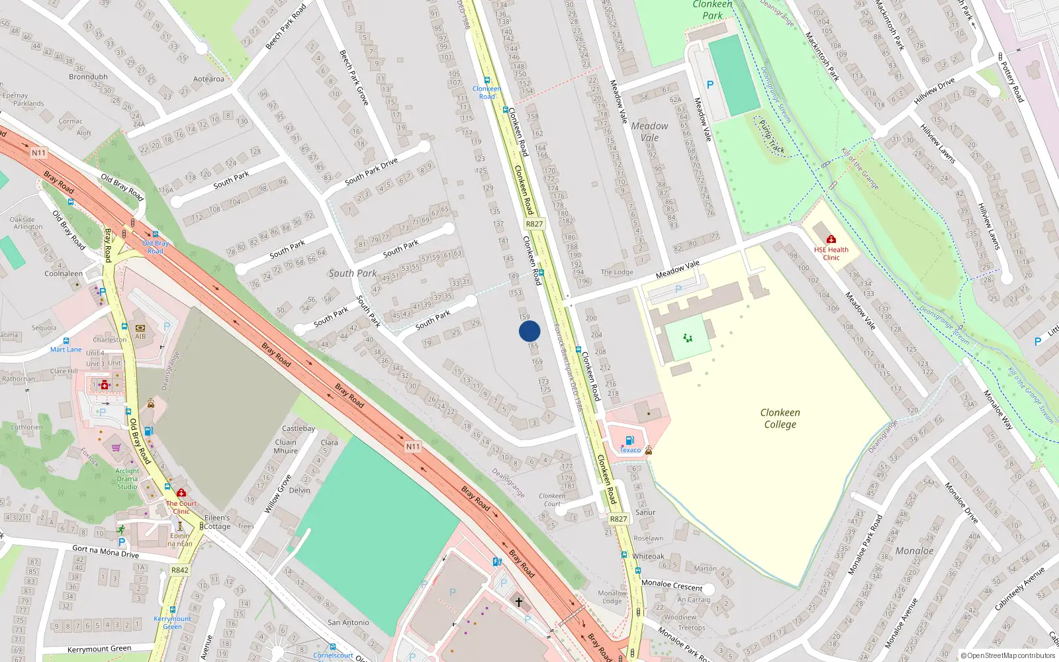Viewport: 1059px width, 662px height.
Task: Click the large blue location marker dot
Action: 529,331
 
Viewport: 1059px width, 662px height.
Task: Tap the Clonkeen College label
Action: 780,418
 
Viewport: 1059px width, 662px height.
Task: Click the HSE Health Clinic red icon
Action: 831,239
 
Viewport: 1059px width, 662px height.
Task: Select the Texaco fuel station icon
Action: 629,440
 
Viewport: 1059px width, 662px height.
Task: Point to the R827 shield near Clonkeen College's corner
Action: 618,519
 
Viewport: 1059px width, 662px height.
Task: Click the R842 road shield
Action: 179,570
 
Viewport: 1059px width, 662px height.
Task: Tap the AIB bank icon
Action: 140,328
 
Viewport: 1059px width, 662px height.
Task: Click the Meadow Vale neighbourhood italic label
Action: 649,131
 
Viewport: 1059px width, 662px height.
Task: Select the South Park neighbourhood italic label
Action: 352,273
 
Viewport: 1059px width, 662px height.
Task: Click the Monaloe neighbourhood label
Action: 914,551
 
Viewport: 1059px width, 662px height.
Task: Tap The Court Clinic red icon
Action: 181,493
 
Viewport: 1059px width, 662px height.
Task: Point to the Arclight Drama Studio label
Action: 127,479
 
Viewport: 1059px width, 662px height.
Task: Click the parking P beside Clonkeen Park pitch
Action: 710,85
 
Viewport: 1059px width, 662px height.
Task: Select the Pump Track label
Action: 772,136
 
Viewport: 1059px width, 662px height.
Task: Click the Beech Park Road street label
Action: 286,27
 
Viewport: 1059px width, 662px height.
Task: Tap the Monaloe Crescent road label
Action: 672,585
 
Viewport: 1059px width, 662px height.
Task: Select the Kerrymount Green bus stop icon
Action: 173,610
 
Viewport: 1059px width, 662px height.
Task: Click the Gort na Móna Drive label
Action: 105,551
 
